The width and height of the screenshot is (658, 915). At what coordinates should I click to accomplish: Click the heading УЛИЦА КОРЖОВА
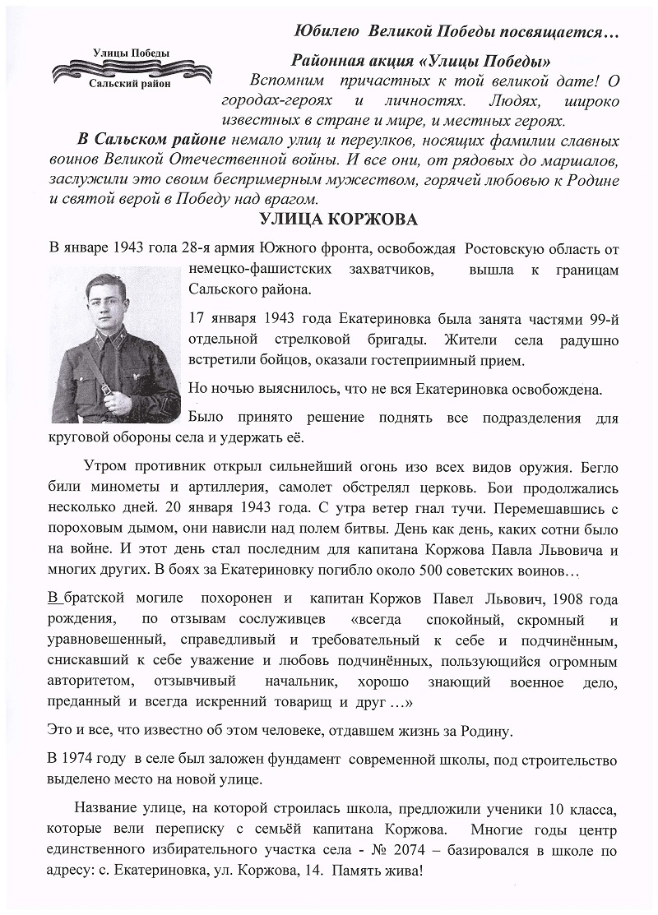[338, 220]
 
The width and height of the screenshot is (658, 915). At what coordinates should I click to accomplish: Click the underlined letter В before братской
[53, 598]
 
